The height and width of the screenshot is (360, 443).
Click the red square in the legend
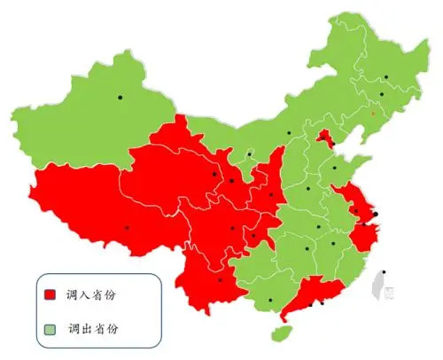[51, 294]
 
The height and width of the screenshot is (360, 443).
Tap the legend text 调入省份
[91, 294]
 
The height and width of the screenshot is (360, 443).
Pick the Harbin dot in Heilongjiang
[385, 77]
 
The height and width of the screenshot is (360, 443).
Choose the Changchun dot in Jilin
[382, 94]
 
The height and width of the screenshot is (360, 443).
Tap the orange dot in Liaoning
[373, 113]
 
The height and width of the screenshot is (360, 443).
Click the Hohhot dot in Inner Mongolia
[289, 134]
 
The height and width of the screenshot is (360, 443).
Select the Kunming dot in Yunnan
[220, 280]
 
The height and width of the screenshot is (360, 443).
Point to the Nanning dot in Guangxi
[269, 301]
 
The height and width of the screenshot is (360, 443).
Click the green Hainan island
[282, 333]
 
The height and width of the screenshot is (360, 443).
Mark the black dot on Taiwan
[384, 272]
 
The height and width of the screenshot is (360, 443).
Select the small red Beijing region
[325, 137]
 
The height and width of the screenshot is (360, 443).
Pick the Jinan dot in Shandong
[334, 168]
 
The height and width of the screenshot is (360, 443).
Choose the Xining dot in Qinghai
[214, 174]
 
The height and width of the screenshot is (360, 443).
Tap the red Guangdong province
[310, 293]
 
